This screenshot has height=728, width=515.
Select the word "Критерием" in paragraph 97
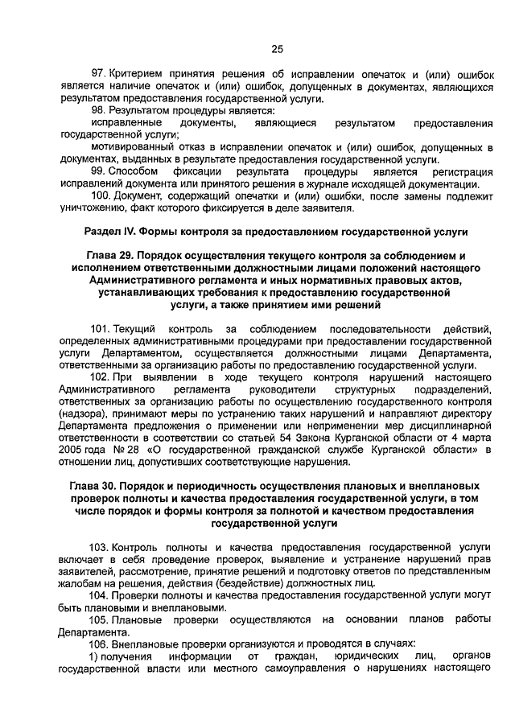tap(136, 74)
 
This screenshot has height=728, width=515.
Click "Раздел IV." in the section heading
tap(110, 232)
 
